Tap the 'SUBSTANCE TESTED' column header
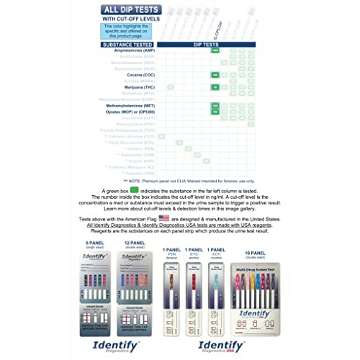pos(127,44)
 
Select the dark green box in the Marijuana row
pos(215,86)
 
